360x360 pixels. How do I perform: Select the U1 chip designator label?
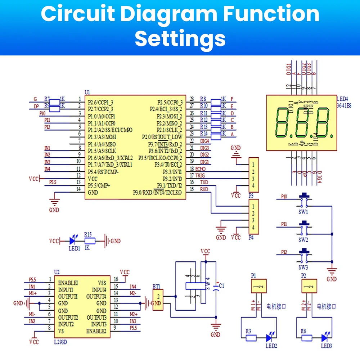point(87,92)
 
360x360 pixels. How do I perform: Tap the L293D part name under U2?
point(60,342)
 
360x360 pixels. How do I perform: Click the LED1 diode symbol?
point(73,241)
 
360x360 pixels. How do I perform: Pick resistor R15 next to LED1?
point(89,241)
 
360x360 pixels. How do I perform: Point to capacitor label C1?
point(221,285)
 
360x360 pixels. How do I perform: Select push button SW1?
point(305,199)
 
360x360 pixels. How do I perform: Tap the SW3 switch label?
point(303,268)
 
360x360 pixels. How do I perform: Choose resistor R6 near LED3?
point(307,338)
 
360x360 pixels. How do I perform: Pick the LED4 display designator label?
point(342,99)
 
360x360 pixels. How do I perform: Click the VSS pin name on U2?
point(102,283)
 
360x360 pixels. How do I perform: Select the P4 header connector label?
point(251,238)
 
